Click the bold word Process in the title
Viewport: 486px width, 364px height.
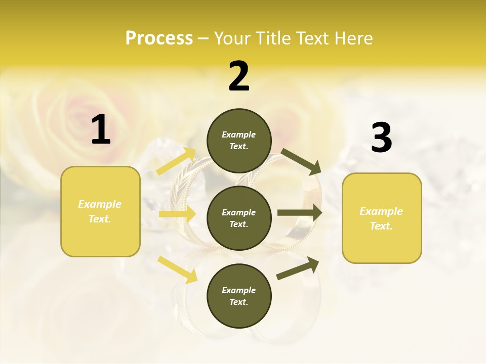(x=159, y=38)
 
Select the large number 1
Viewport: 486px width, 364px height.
(x=101, y=130)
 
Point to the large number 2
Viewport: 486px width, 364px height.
(x=239, y=76)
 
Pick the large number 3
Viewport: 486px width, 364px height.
(x=381, y=138)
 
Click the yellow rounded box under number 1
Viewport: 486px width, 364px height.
(x=100, y=211)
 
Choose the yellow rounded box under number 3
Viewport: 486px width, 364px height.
(x=382, y=218)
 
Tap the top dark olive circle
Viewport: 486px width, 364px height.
(x=239, y=141)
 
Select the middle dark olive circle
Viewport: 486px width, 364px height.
(x=239, y=218)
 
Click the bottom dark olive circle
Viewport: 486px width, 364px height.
(x=239, y=296)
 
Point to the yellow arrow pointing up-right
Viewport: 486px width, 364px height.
(x=176, y=161)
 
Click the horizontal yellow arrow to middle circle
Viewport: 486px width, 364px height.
(x=177, y=214)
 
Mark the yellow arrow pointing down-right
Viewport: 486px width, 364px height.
(x=178, y=269)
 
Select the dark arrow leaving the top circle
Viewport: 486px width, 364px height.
(x=301, y=161)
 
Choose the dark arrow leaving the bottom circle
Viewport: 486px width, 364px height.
(x=298, y=268)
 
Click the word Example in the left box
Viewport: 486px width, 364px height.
(x=100, y=204)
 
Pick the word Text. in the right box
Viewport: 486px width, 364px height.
(x=381, y=226)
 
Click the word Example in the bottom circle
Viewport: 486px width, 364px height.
(x=239, y=290)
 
